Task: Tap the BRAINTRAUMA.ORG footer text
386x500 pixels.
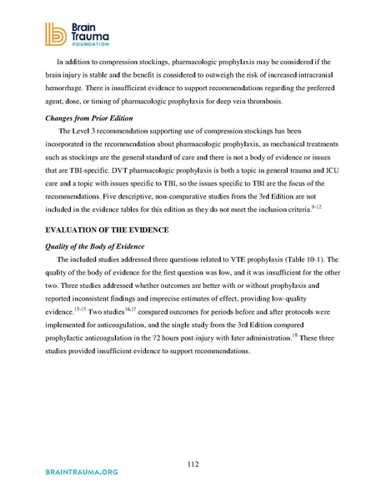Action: (68, 472)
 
